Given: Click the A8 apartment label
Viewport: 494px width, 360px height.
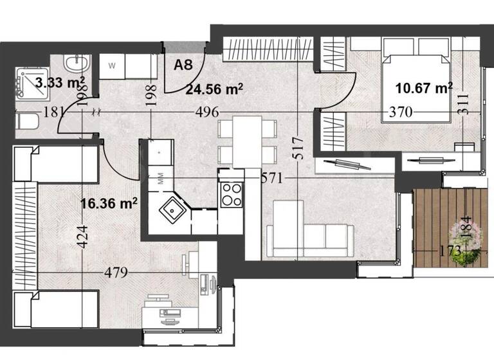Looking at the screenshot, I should coord(183,64).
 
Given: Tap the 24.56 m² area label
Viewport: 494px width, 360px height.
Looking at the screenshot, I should coord(214,90).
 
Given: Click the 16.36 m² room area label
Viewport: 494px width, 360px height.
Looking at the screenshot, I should coord(109,204).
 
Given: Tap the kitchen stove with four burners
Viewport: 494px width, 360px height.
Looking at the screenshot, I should coord(232,194).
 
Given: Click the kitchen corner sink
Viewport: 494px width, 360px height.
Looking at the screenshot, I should coord(172,209).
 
